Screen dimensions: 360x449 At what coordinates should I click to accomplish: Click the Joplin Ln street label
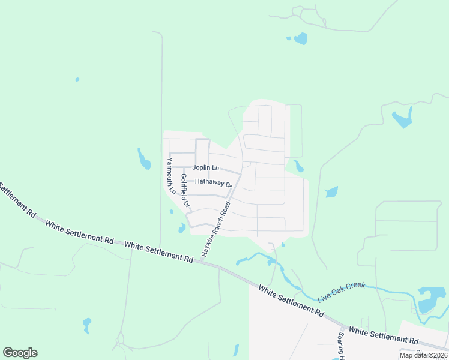point(206,167)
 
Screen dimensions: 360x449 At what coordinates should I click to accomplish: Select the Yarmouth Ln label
point(171,176)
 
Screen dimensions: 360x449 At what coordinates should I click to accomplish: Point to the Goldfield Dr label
point(185,191)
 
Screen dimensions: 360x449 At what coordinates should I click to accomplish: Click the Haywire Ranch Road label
point(216,229)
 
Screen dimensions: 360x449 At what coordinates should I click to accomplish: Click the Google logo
point(20,353)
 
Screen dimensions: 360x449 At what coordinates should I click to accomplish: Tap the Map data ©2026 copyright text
point(423,355)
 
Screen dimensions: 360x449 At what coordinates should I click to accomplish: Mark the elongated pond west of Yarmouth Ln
point(144,159)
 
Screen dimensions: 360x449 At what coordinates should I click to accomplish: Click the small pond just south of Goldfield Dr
point(182,228)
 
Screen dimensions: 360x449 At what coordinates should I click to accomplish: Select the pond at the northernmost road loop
point(300,39)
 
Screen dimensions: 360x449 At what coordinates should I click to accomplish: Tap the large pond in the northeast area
point(402,118)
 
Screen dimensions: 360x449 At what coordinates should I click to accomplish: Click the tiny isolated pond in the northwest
point(77,79)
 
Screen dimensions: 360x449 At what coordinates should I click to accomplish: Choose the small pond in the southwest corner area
point(87,325)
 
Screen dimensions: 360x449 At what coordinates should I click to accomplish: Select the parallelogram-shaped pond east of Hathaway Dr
point(331,192)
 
